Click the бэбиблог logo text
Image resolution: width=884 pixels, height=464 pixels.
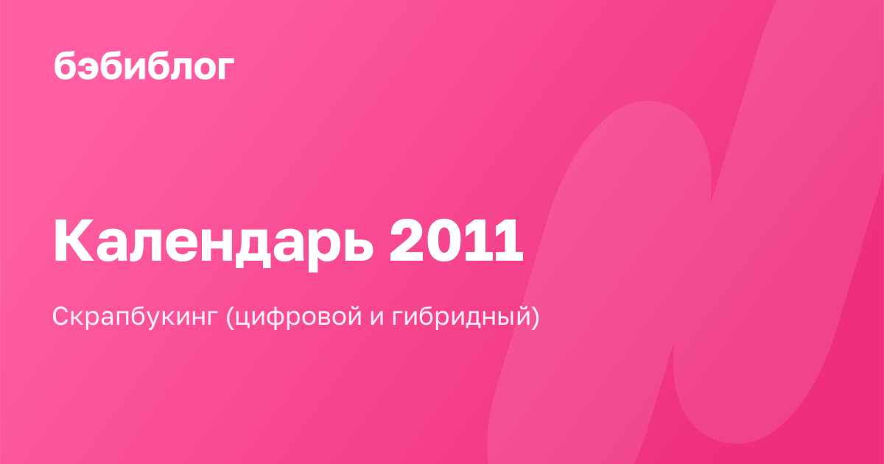coord(144,66)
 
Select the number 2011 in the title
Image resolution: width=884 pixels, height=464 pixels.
coord(456,240)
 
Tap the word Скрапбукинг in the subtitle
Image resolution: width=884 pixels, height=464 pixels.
coord(135,317)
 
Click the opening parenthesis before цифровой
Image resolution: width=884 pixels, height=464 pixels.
coord(230,317)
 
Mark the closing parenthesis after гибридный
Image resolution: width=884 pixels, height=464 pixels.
coord(535,317)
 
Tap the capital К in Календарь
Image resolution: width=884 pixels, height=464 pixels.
coord(74,240)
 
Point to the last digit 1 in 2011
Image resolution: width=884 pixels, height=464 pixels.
coord(508,240)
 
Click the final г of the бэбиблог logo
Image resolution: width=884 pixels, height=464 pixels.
coord(225,68)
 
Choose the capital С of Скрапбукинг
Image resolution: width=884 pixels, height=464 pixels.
coord(63,316)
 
